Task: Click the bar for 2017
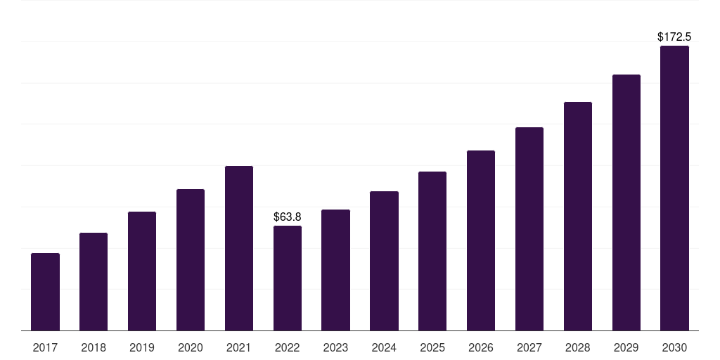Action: coord(45,292)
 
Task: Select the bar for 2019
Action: coord(142,271)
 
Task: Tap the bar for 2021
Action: coord(239,248)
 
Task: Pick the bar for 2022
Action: coord(288,278)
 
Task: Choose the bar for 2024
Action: coord(384,261)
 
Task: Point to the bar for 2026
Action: coord(481,240)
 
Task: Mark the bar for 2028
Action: coord(578,216)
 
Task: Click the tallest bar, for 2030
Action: coord(674,188)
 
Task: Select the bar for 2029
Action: coord(626,202)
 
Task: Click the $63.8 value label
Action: coord(288,217)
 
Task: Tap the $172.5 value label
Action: coord(674,37)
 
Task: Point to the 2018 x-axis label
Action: coord(94,347)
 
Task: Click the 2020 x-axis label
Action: coord(191,347)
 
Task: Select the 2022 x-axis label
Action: coord(288,347)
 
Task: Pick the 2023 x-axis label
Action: coord(335,347)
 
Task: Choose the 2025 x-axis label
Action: coord(432,347)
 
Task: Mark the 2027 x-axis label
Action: coord(529,347)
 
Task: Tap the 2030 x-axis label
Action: coord(674,347)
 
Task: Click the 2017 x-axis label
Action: coord(45,347)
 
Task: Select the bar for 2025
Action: coord(432,251)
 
